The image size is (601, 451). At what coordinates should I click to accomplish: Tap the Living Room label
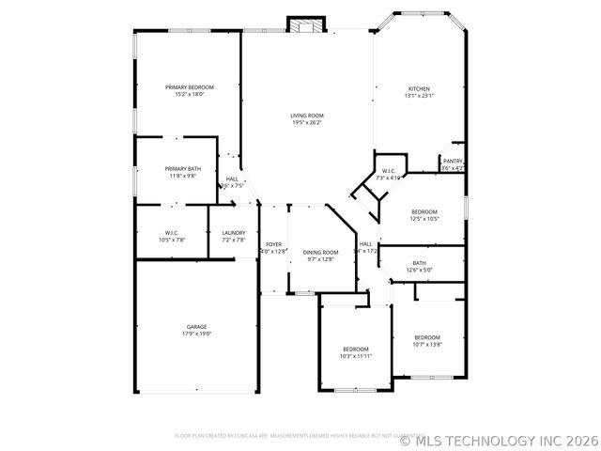click(306, 115)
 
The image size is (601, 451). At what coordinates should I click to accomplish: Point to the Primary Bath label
click(183, 168)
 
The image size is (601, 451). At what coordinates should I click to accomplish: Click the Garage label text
click(196, 327)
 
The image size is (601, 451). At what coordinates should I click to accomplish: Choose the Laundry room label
click(234, 233)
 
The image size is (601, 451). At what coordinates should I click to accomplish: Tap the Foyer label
click(273, 244)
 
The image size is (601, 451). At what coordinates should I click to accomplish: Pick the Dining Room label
click(320, 253)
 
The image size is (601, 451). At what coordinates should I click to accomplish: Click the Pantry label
click(453, 161)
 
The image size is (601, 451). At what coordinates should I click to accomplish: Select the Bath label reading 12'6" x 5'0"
click(419, 263)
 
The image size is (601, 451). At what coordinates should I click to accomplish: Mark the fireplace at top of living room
click(305, 23)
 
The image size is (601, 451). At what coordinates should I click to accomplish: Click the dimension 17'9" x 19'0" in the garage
click(196, 334)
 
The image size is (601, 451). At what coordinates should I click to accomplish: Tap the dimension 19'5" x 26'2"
click(306, 122)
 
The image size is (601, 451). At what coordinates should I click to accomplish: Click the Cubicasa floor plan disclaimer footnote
click(285, 436)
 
